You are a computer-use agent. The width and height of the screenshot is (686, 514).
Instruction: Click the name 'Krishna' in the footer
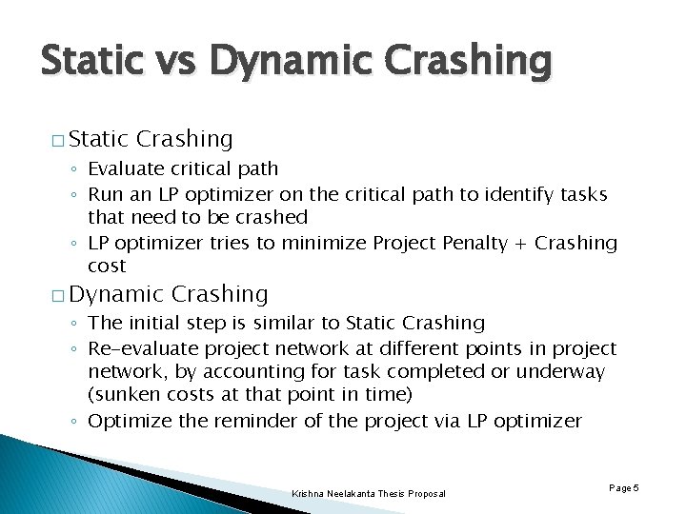311,493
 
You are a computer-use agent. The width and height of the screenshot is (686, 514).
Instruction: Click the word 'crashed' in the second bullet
272,218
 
